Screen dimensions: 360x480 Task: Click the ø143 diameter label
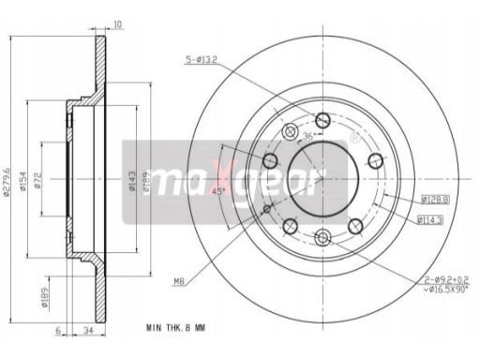131,178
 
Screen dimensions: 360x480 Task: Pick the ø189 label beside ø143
146,178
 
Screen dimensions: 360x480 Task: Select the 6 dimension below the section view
59,329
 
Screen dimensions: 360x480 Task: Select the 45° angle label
219,191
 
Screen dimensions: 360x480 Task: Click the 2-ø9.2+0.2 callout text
433,278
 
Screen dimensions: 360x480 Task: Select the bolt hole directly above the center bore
323,119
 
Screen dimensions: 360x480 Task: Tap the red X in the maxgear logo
222,175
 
